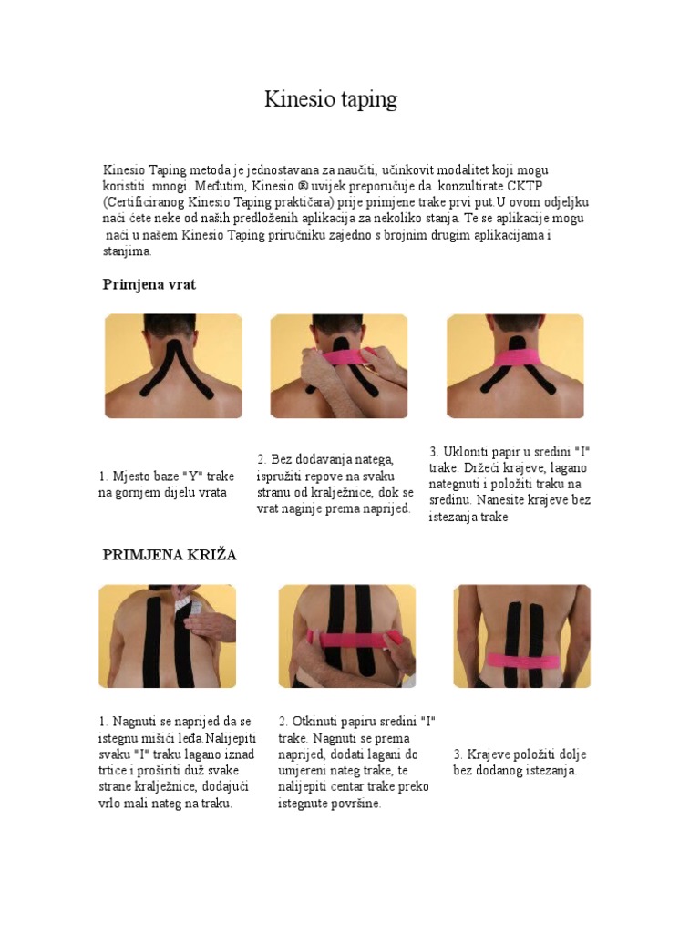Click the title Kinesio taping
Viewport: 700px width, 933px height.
(331, 99)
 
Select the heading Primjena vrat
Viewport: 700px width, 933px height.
(149, 284)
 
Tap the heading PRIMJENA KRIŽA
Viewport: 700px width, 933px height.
(170, 555)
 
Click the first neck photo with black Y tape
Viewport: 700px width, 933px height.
(173, 366)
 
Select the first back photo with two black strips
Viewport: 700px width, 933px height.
(167, 636)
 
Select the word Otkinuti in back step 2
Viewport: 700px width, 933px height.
(318, 722)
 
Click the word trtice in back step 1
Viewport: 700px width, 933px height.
(117, 771)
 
